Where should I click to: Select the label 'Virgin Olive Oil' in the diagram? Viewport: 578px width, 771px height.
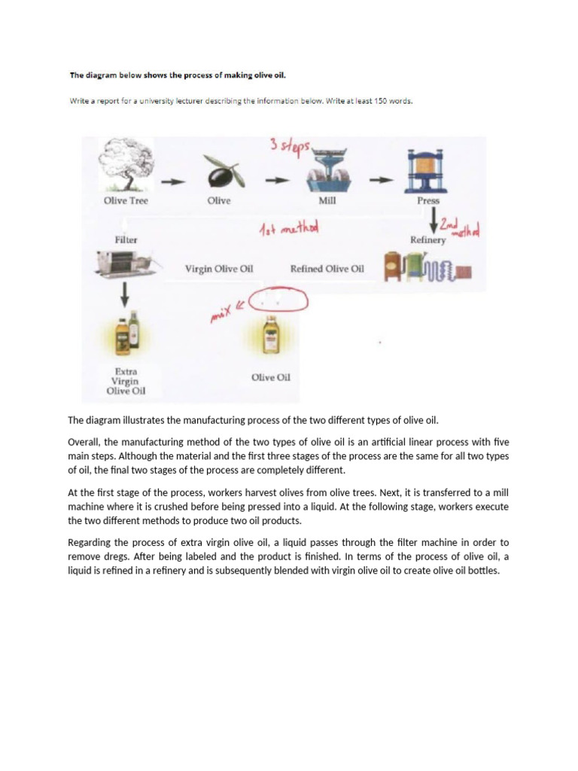pos(219,269)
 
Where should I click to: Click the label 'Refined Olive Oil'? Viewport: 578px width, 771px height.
pos(327,269)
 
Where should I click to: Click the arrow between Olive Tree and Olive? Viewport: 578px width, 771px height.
pos(172,181)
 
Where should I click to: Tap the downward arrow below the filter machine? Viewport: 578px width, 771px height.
pos(125,296)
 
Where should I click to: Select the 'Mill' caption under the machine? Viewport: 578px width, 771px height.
pos(327,201)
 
